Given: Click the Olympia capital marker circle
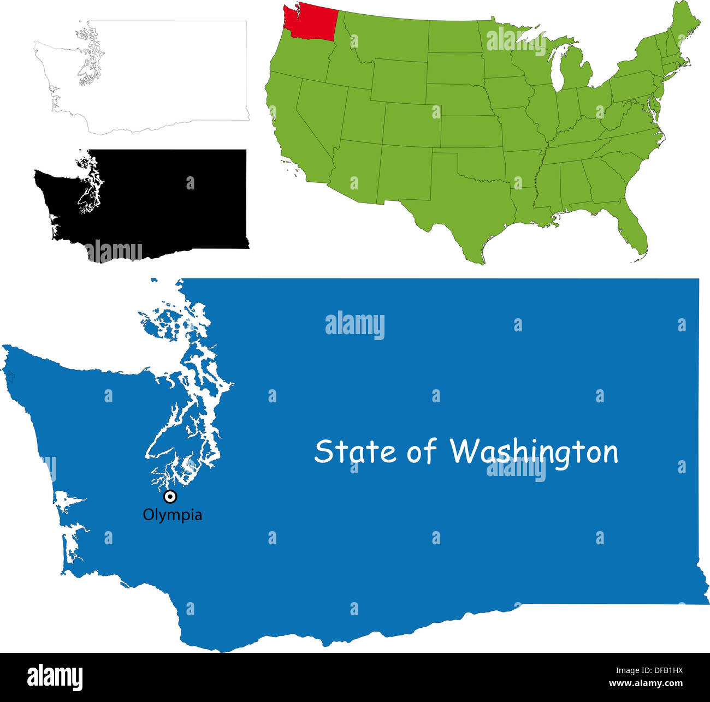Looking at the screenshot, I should (170, 497).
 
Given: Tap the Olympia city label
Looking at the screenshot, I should (172, 515).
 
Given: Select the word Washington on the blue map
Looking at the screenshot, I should (534, 453).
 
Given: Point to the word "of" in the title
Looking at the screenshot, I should (421, 452).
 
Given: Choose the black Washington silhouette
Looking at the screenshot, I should (164, 202).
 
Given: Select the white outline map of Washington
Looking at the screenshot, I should (164, 76).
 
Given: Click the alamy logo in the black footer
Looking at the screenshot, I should (55, 677).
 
